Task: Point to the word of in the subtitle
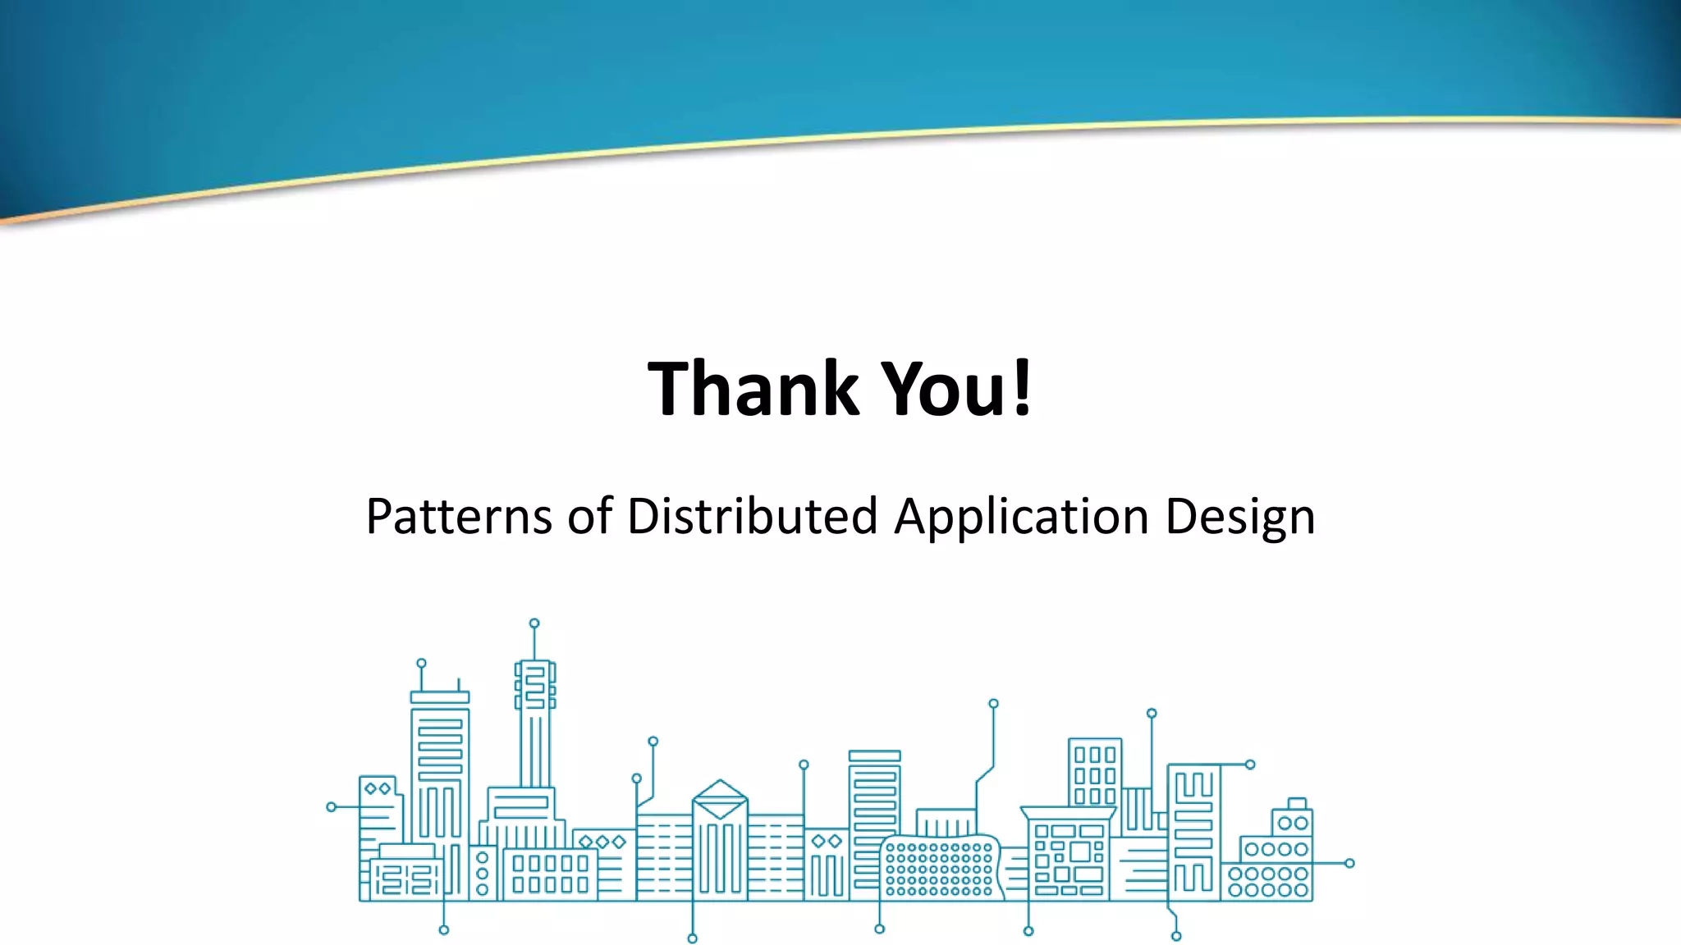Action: [x=589, y=517]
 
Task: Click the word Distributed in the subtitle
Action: [x=752, y=517]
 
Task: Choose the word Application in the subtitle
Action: [x=1021, y=518]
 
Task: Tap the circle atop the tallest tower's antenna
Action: [x=534, y=623]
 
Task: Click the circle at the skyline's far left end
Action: [x=332, y=807]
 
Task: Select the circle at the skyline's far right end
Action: [x=1349, y=863]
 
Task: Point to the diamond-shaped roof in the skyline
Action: [x=720, y=798]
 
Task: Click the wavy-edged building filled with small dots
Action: [x=941, y=868]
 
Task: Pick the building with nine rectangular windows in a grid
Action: [x=1095, y=774]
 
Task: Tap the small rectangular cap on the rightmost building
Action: [x=1297, y=803]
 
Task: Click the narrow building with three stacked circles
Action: [x=483, y=873]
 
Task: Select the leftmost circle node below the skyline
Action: [x=444, y=929]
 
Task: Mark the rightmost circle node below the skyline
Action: [x=1176, y=936]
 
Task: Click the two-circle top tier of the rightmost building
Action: [x=1293, y=823]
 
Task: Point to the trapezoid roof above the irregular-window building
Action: [x=1068, y=812]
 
